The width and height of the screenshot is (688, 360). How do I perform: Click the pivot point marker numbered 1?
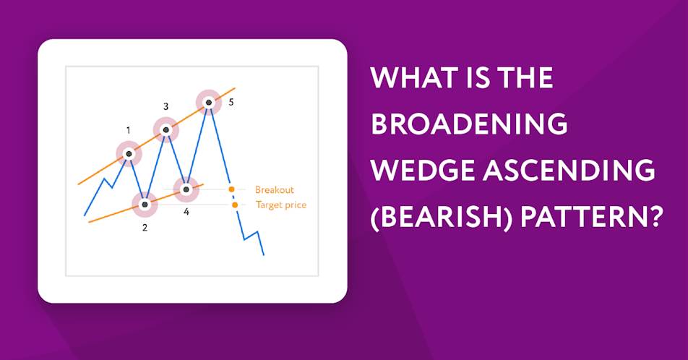pyautogui.click(x=129, y=154)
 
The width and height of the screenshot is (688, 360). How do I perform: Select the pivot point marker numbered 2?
pyautogui.click(x=145, y=205)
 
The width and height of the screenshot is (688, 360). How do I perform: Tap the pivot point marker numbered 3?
pyautogui.click(x=166, y=129)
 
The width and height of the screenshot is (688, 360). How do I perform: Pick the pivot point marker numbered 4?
pyautogui.click(x=186, y=189)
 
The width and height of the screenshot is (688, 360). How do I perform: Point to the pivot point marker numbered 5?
pyautogui.click(x=209, y=103)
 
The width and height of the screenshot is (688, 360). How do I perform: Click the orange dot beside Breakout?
pyautogui.click(x=231, y=189)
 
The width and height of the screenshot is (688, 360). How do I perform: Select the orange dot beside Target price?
pyautogui.click(x=235, y=205)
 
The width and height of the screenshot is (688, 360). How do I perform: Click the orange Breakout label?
pyautogui.click(x=274, y=189)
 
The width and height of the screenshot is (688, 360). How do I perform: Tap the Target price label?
pyautogui.click(x=281, y=205)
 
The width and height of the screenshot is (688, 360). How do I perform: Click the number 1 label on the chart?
pyautogui.click(x=128, y=130)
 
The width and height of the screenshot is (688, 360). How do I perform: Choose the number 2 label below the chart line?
pyautogui.click(x=145, y=228)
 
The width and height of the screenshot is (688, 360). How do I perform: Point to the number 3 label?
pyautogui.click(x=166, y=106)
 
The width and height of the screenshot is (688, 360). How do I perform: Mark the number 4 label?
pyautogui.click(x=186, y=212)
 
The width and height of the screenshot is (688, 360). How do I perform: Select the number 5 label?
pyautogui.click(x=231, y=103)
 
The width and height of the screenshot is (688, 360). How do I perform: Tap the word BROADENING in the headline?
pyautogui.click(x=469, y=124)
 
